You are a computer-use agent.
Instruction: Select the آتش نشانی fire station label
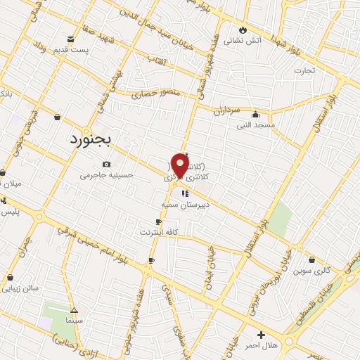click(x=243, y=41)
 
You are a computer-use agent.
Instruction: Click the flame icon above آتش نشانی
click(x=243, y=30)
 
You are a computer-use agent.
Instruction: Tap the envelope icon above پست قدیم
click(x=71, y=39)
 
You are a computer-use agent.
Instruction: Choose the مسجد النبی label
click(x=255, y=124)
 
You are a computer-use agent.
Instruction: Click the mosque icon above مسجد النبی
click(x=255, y=115)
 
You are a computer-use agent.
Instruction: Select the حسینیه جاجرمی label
click(x=107, y=174)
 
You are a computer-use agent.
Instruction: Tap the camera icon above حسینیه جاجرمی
click(x=106, y=165)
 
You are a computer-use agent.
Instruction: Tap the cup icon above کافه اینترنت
click(x=158, y=222)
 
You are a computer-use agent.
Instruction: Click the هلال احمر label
click(x=261, y=345)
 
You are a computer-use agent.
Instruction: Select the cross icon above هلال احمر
click(x=261, y=335)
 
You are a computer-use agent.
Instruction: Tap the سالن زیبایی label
click(x=20, y=288)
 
